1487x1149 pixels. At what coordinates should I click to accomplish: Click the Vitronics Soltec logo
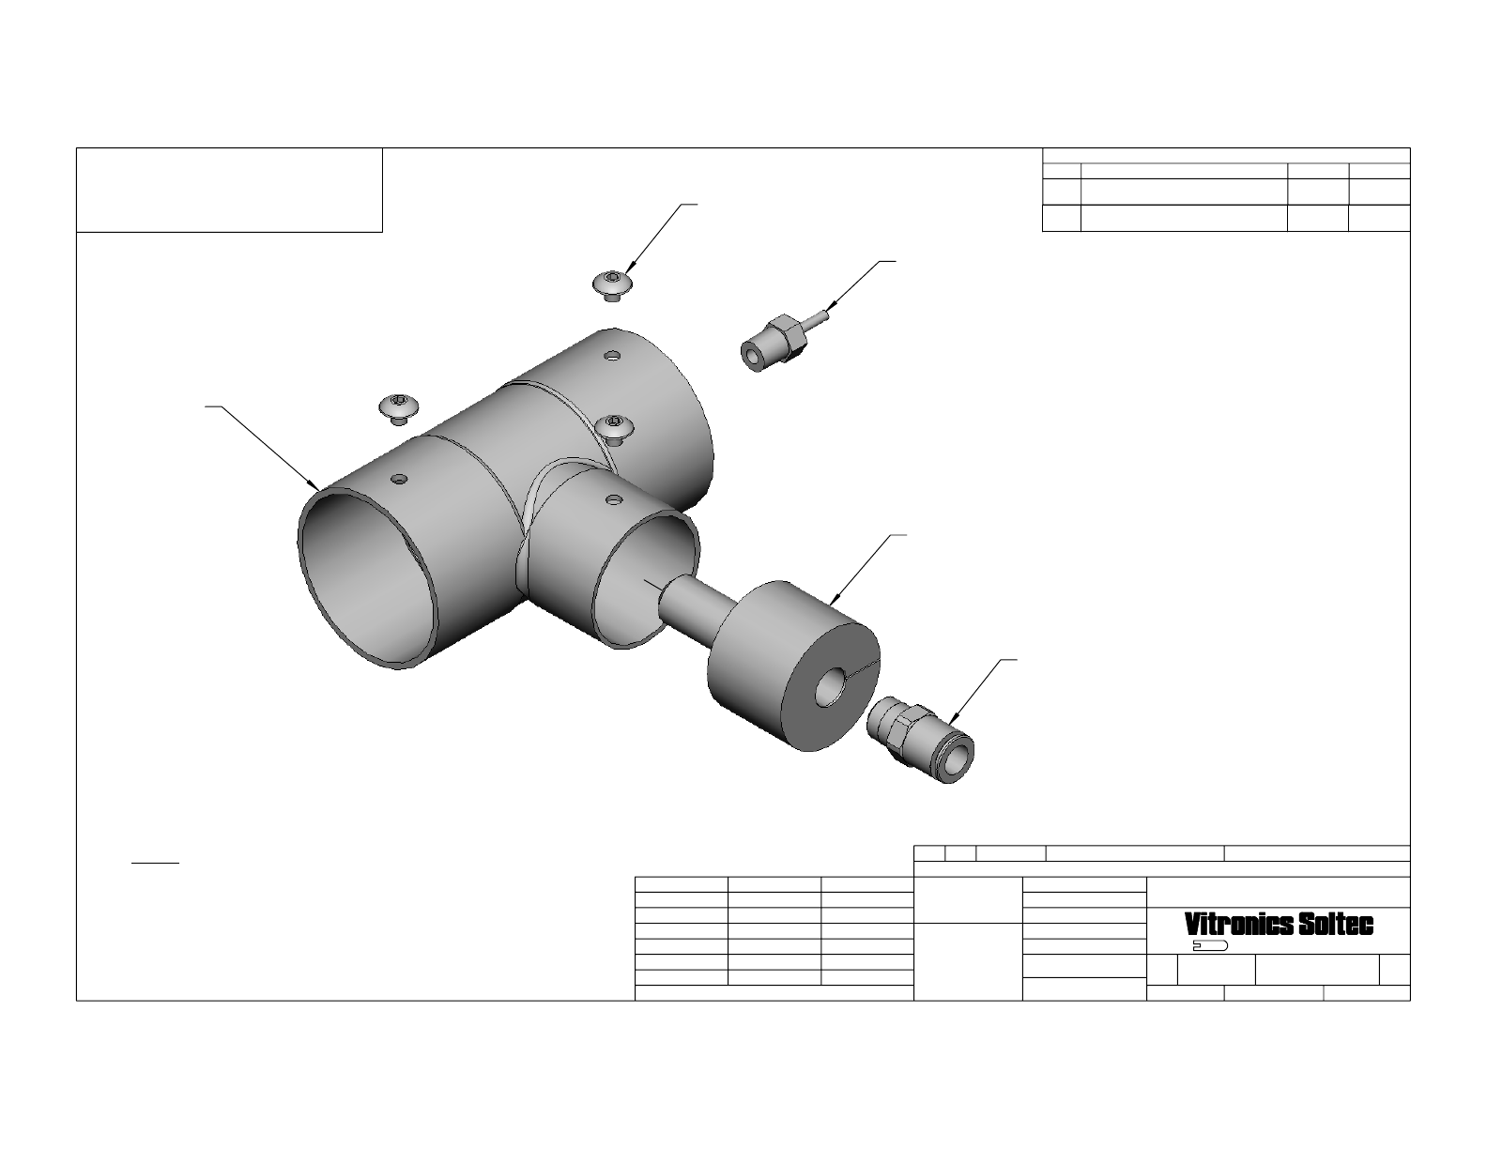click(1279, 925)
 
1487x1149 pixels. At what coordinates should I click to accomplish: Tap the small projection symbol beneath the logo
click(1210, 946)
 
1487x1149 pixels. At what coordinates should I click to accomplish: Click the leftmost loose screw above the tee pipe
click(399, 408)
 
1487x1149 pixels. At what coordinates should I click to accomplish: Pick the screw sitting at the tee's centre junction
click(615, 430)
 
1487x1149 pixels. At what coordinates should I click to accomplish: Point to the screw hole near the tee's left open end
click(400, 479)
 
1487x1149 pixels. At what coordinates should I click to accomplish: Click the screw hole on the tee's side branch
click(614, 500)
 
